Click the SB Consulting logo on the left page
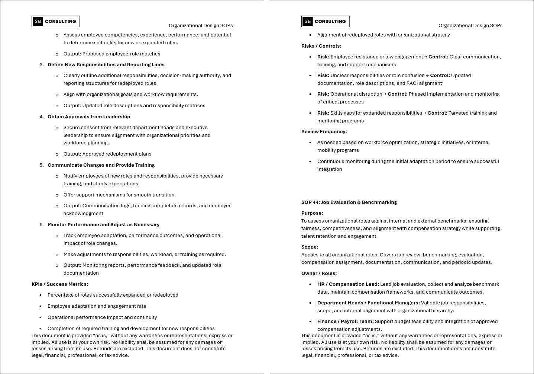click(x=56, y=22)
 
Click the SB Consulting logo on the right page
click(x=326, y=22)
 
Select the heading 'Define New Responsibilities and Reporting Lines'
click(x=106, y=65)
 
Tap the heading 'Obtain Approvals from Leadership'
click(x=89, y=117)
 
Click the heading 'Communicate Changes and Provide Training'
click(x=101, y=165)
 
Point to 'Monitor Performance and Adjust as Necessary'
click(x=103, y=225)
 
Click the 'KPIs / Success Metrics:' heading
click(x=60, y=284)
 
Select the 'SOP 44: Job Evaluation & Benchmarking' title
click(x=349, y=202)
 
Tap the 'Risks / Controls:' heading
click(x=321, y=46)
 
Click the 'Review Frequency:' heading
click(x=324, y=132)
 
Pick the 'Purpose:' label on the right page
click(x=312, y=213)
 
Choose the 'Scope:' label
click(x=310, y=247)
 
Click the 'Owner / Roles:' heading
click(x=319, y=274)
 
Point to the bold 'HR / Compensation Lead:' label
click(x=348, y=284)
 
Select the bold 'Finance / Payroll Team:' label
click(x=345, y=322)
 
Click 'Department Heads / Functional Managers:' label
click(x=368, y=303)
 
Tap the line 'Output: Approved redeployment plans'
click(x=107, y=154)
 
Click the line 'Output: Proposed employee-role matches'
click(x=112, y=54)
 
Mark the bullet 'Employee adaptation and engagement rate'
click(x=97, y=306)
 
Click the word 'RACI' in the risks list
click(x=413, y=83)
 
